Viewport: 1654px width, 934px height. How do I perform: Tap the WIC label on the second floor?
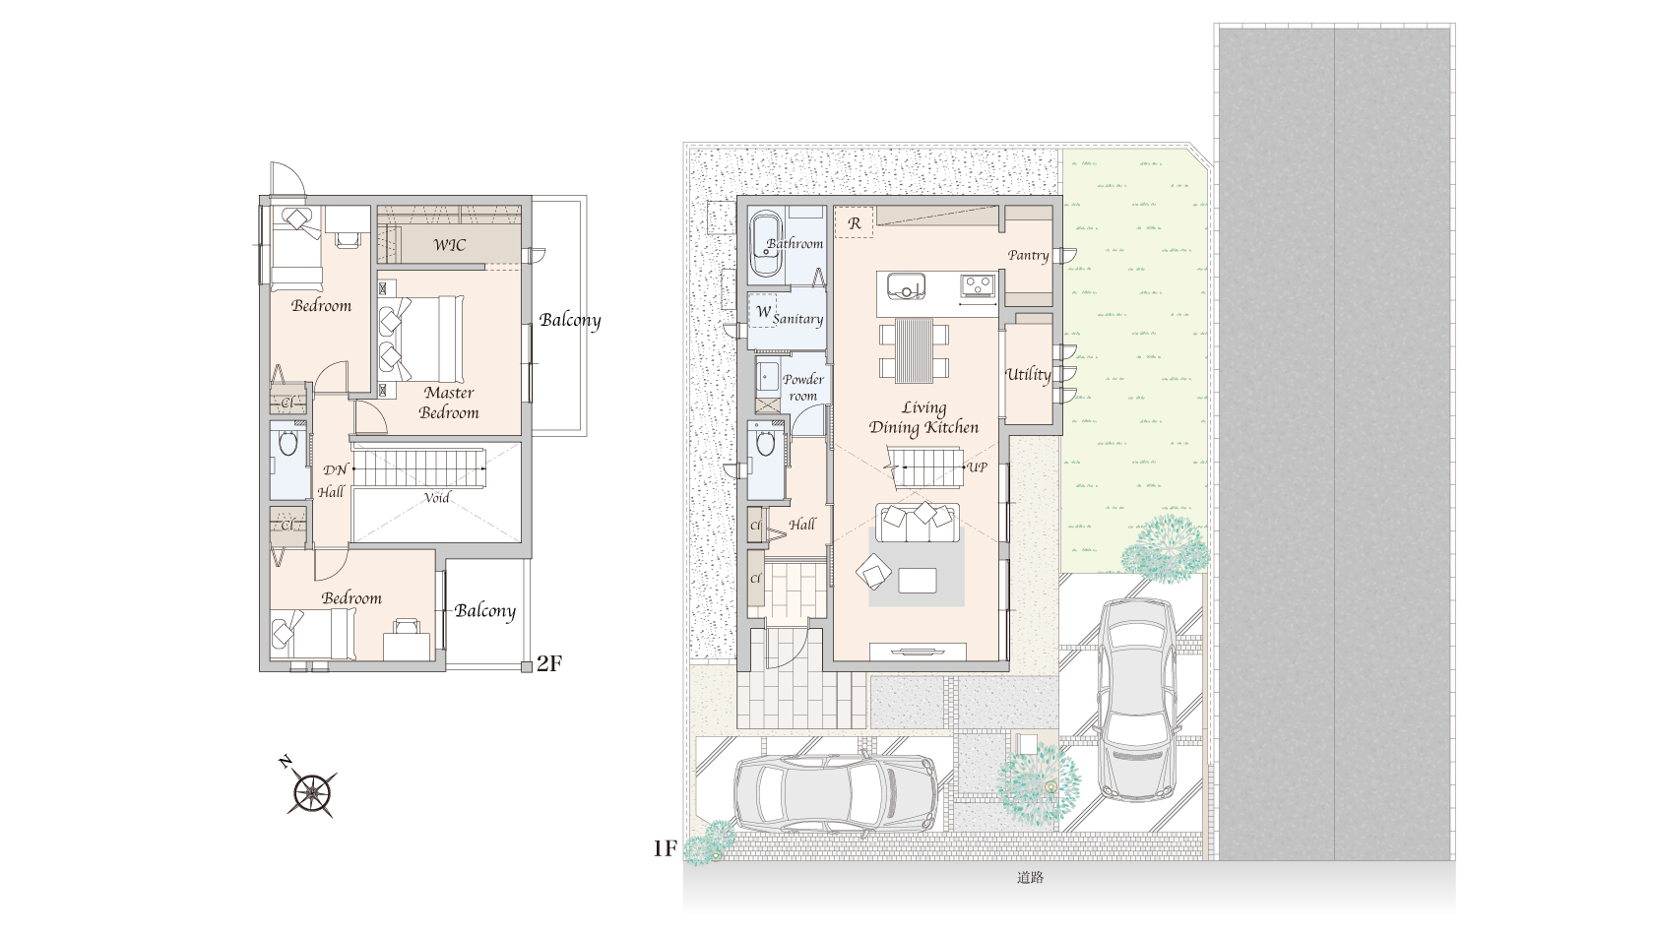click(449, 245)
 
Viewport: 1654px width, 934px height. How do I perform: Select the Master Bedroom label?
click(449, 404)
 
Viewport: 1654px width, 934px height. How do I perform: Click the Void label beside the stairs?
click(436, 498)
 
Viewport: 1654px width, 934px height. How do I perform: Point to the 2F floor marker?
click(549, 663)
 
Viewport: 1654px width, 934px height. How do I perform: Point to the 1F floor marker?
click(665, 849)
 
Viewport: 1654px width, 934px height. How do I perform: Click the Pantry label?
click(1028, 256)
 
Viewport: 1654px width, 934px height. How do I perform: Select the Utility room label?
click(1028, 374)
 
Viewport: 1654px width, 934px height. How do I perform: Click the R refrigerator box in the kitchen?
click(855, 222)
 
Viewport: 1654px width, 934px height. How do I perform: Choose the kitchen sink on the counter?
click(906, 285)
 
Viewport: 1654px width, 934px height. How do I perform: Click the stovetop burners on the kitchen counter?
click(978, 284)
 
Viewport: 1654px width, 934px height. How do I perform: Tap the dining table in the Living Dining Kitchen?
click(914, 350)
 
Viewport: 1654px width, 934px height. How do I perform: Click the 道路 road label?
click(1030, 877)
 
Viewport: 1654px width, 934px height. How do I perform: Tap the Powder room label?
click(802, 387)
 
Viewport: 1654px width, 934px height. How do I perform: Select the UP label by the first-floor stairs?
click(977, 467)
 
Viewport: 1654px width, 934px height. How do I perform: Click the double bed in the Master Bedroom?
click(421, 339)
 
